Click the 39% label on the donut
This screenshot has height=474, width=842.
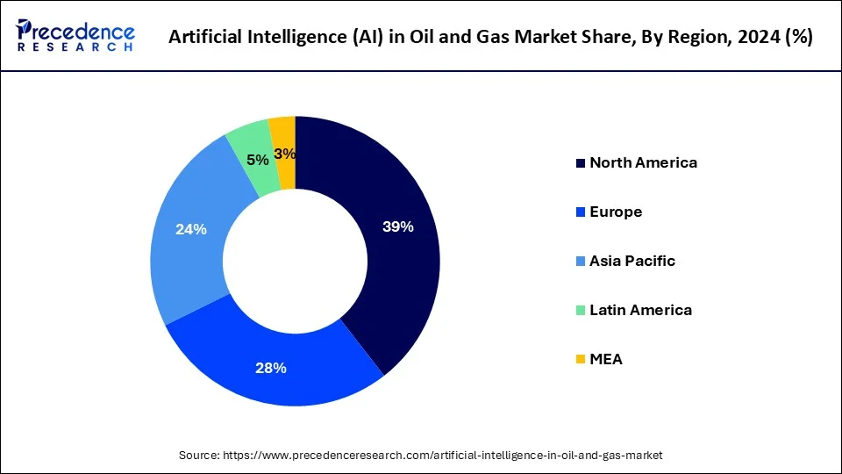(x=397, y=226)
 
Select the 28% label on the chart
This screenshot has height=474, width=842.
(x=272, y=368)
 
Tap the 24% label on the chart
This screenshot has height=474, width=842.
(x=190, y=229)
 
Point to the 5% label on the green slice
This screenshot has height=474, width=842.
(x=257, y=160)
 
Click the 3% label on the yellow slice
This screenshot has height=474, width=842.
(x=284, y=154)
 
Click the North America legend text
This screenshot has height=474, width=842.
(x=643, y=162)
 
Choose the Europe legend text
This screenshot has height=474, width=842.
(x=616, y=212)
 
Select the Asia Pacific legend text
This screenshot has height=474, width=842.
(x=632, y=261)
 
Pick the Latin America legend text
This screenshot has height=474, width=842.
(x=640, y=310)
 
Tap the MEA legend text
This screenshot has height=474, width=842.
(x=606, y=359)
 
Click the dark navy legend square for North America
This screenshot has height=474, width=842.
(x=580, y=163)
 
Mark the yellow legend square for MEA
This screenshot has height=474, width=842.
(x=580, y=360)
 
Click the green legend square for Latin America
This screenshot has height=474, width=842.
(x=580, y=311)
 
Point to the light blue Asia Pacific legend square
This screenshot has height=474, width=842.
(x=580, y=262)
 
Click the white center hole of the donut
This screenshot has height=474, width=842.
(x=295, y=261)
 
